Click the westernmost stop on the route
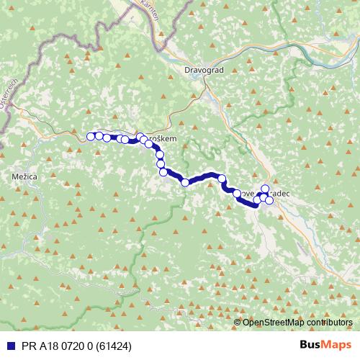pos(91,136)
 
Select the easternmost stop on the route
pos(269,200)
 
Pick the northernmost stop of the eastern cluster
pos(264,189)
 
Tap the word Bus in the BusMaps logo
pos(311,345)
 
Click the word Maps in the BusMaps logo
pos(337,345)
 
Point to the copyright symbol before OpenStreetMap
pos(237,323)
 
